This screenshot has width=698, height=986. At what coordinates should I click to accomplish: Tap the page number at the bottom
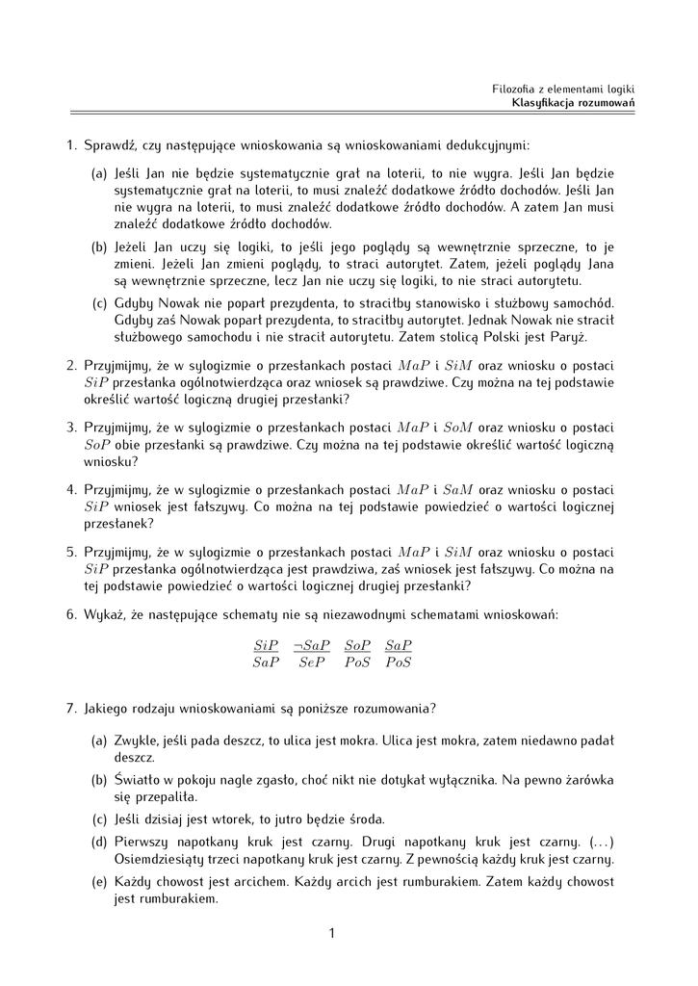(330, 932)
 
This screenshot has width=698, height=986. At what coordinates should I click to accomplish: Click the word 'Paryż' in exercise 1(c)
(566, 338)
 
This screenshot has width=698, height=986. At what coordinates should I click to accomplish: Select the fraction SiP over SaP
(266, 653)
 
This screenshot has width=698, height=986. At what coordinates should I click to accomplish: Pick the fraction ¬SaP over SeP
(312, 653)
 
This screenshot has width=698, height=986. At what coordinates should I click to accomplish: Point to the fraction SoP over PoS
(357, 653)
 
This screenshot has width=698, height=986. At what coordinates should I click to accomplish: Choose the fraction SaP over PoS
(399, 653)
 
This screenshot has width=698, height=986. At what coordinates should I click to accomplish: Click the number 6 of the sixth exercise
(70, 614)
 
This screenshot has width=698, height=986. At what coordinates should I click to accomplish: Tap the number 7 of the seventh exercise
(70, 709)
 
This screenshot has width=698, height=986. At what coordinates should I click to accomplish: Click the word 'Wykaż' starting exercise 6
(102, 614)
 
